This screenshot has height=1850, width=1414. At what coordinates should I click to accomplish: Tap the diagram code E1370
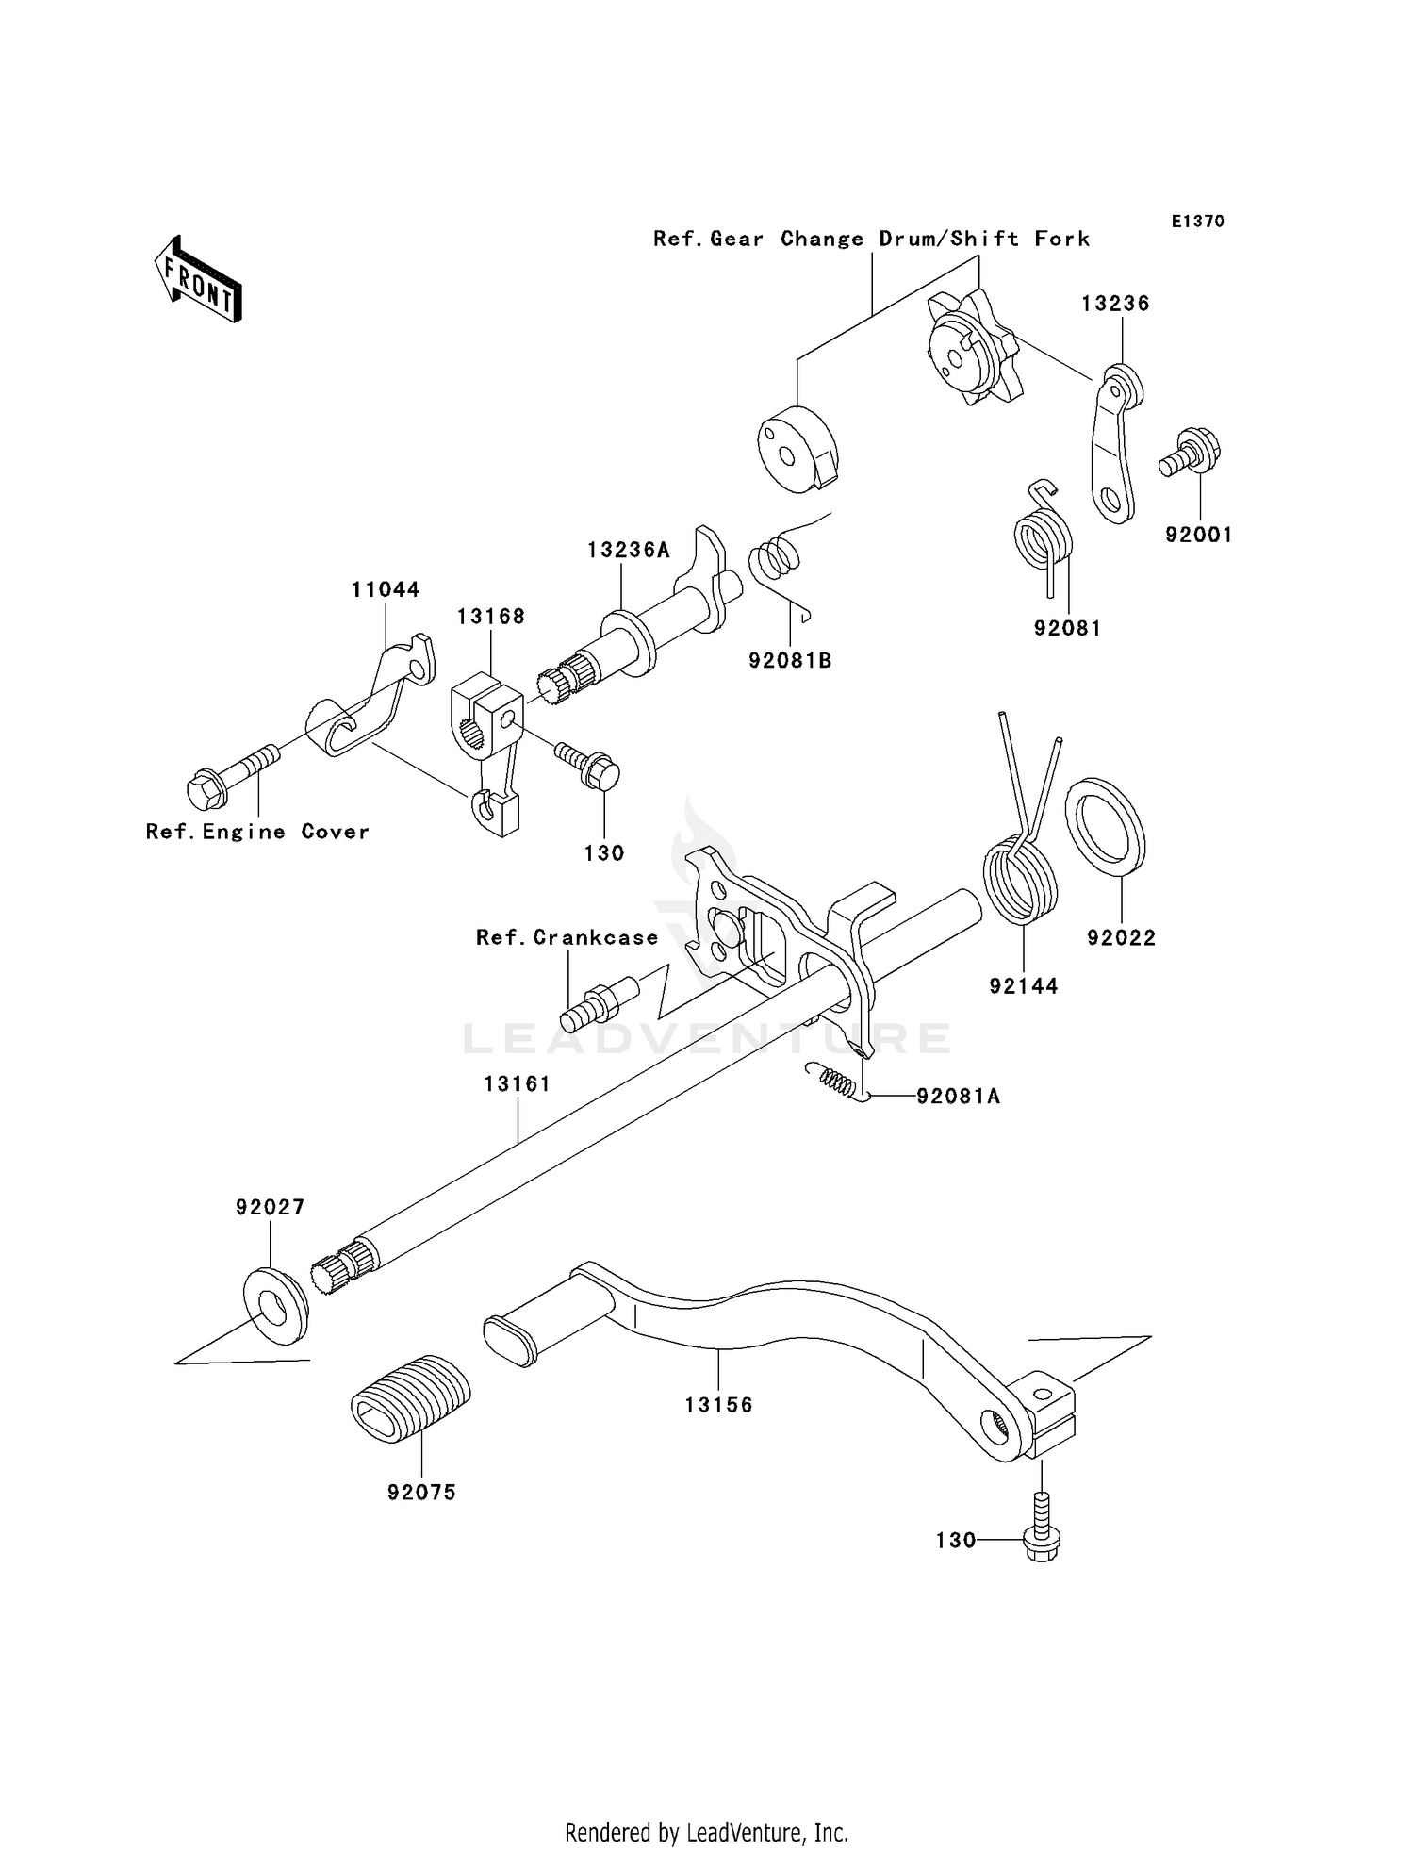(x=1197, y=221)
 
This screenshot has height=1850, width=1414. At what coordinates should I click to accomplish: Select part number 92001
(x=1198, y=535)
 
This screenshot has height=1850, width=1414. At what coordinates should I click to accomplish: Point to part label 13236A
(x=628, y=550)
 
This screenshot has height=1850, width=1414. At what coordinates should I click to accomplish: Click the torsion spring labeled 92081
(x=1043, y=537)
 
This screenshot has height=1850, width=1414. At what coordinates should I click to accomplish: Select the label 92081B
(x=790, y=661)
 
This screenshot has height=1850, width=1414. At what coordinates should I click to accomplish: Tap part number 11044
(x=386, y=589)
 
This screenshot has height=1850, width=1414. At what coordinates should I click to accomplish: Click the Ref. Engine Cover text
(x=257, y=832)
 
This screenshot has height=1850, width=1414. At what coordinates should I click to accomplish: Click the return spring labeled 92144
(x=1020, y=877)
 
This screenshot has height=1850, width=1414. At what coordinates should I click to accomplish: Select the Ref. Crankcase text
(x=567, y=937)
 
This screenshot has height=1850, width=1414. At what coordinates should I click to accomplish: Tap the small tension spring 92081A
(x=832, y=1081)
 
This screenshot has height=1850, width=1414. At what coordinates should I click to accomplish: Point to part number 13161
(x=517, y=1084)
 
